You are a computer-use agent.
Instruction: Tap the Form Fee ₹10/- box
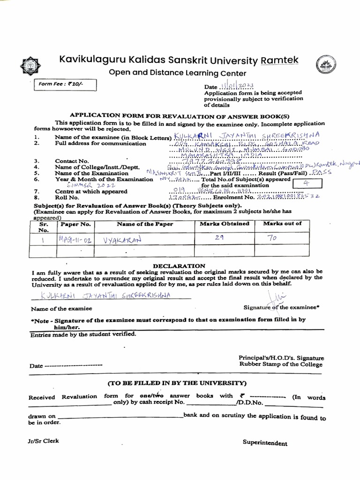(65, 85)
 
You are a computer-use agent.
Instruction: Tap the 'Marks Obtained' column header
(225, 224)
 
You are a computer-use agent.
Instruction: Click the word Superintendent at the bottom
(265, 443)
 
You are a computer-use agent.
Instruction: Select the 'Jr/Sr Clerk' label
(44, 441)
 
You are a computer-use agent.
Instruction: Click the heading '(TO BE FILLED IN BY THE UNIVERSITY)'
(177, 382)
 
